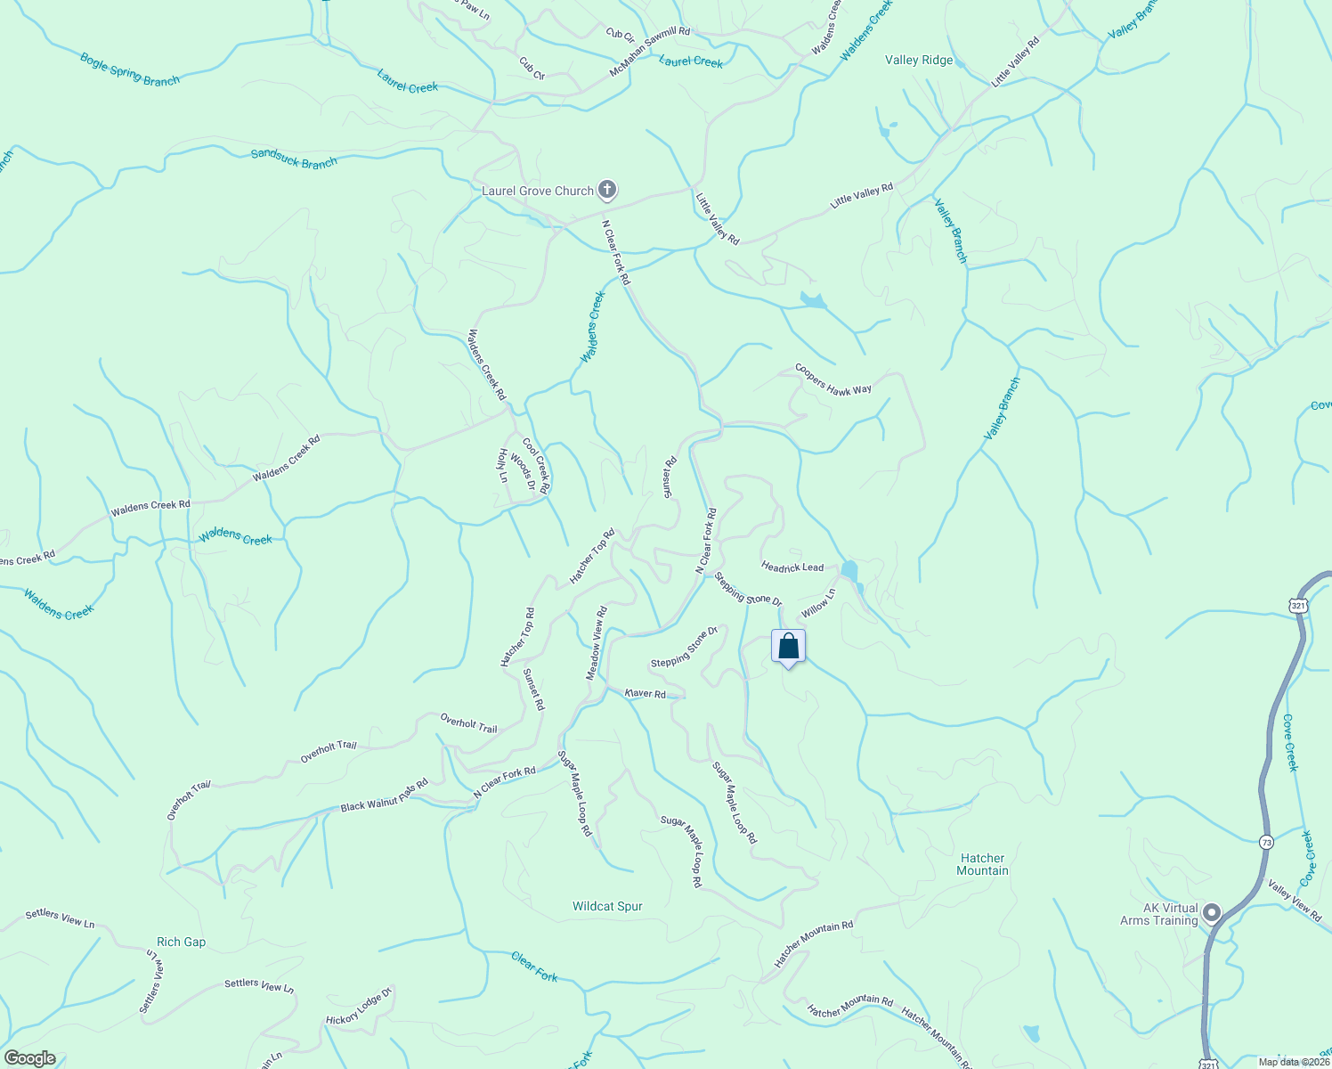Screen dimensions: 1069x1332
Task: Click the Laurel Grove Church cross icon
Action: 607,190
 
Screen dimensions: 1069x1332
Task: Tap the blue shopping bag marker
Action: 788,647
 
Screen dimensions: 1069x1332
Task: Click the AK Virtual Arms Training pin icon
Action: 1211,913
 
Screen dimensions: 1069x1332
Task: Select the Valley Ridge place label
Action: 919,60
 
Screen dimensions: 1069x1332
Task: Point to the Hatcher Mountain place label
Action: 982,864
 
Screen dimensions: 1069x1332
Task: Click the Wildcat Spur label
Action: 607,906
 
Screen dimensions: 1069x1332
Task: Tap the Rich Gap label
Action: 181,942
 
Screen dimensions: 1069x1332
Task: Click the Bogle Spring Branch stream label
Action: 130,69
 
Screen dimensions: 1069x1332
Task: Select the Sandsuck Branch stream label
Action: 294,159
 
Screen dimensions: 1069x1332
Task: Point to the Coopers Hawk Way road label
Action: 833,379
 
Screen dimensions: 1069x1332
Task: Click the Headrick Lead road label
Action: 792,567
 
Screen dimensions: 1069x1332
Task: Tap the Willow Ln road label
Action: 818,603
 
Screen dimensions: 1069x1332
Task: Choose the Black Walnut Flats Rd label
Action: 385,796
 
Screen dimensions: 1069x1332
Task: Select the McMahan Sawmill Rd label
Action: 650,50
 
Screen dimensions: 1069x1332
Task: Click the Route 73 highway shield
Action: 1266,842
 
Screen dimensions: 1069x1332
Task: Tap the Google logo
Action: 29,1058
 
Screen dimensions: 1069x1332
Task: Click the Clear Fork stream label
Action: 534,967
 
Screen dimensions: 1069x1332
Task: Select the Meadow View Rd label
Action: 597,643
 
